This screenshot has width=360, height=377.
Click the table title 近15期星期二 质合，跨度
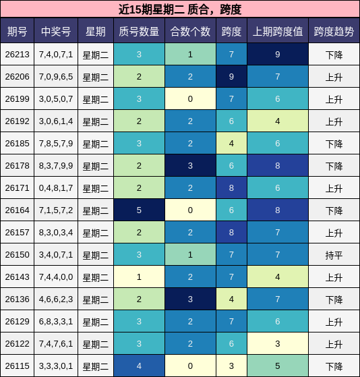coord(180,9)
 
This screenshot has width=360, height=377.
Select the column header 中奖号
coord(56,32)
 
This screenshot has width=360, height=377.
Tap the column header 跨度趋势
coord(334,32)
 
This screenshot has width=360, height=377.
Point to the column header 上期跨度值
coord(278,32)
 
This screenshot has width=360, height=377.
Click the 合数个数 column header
coord(190,32)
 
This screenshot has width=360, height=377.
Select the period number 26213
coord(18,55)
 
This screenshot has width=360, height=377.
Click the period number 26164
coord(18,210)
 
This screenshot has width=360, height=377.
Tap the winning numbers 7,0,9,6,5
coord(56,77)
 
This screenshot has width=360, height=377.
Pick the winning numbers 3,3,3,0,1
coord(56,366)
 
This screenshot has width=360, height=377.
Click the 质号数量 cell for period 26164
coord(139,210)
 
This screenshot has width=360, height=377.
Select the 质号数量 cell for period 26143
coord(139,277)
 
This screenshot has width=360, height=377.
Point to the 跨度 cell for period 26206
coord(231,76)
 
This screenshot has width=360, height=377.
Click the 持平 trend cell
coord(334,255)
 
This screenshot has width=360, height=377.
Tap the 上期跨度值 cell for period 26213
coord(278,54)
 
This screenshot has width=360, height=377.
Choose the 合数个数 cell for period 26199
coord(190,98)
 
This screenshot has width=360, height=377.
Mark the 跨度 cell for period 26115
coord(231,366)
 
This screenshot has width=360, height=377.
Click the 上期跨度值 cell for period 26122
coord(278,343)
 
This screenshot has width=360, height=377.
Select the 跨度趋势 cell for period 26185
coord(334,143)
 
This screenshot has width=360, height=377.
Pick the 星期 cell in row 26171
coord(96,187)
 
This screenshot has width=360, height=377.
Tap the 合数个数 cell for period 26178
coord(190,165)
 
